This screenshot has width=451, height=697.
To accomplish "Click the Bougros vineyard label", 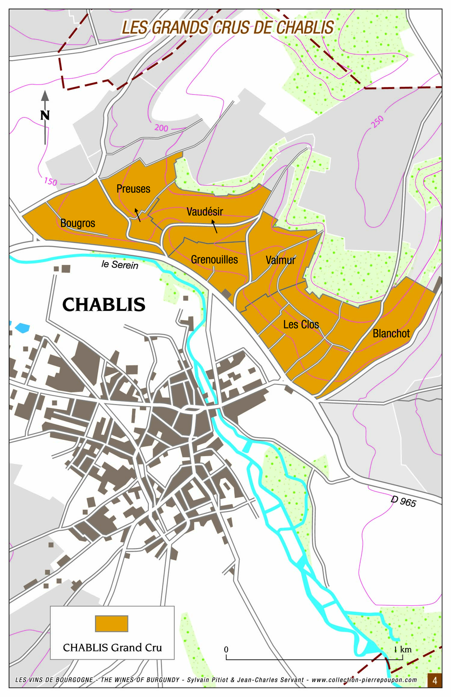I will [78, 223].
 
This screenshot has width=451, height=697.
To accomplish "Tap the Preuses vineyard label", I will [133, 189].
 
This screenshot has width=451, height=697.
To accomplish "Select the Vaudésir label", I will [205, 212].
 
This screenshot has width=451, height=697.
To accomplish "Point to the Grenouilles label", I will [214, 260].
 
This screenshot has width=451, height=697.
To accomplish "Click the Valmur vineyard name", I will [281, 260].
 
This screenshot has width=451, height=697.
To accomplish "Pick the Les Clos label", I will [301, 325].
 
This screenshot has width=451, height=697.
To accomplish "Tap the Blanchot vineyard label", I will [391, 334].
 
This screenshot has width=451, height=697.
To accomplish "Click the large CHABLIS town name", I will [104, 305].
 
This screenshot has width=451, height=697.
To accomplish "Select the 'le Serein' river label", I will [120, 265].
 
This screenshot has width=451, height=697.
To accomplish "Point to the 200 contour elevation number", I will [161, 128].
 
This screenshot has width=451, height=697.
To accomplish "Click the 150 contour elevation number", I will [51, 182].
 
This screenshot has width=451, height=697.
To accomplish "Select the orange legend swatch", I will [112, 624].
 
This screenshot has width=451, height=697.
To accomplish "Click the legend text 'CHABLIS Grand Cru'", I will [112, 648].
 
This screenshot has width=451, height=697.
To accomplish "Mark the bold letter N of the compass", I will [45, 115].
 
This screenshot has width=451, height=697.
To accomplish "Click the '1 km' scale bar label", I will [403, 649].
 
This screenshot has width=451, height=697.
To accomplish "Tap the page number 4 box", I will [434, 681].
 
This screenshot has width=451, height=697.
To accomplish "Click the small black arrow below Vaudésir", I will [214, 227].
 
